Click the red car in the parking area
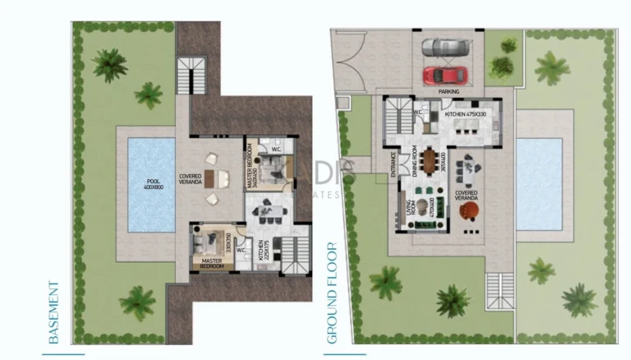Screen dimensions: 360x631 pyautogui.click(x=444, y=75)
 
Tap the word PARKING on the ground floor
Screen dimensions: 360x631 pyautogui.click(x=448, y=92)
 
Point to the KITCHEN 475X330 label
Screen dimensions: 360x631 pyautogui.click(x=466, y=115)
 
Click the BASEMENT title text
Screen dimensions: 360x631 pyautogui.click(x=54, y=313)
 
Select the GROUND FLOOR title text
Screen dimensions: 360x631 pyautogui.click(x=333, y=292)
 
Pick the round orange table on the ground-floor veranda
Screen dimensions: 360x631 pyautogui.click(x=469, y=213)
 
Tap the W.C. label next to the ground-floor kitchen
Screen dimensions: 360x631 pyautogui.click(x=417, y=111)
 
